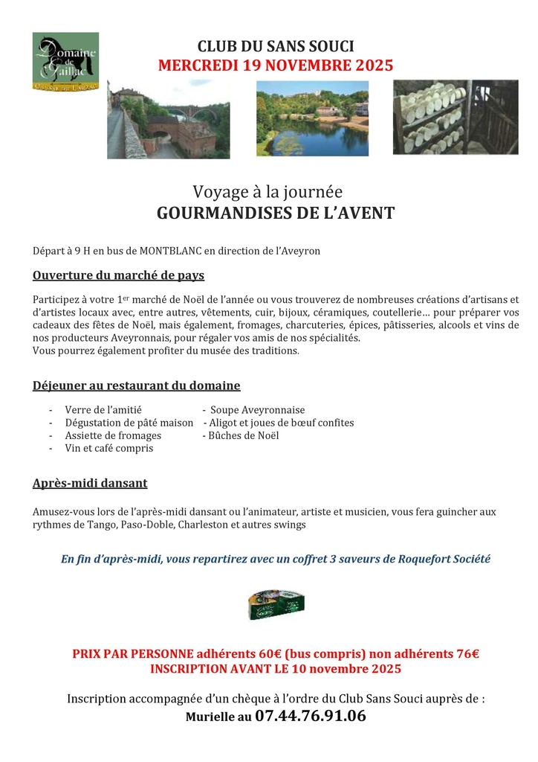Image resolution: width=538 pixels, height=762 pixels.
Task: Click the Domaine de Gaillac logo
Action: pos(65,62)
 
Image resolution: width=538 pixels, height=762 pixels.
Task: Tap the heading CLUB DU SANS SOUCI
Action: pos(275,47)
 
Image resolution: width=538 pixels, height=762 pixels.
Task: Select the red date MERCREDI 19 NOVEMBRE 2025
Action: pos(275,65)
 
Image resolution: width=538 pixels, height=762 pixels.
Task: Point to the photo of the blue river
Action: pos(312,119)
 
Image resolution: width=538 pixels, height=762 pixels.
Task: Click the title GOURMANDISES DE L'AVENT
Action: pos(276,214)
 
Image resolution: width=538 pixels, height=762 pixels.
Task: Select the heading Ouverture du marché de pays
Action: pos(118,275)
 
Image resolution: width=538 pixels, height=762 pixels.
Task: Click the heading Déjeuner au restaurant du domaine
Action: pos(136,385)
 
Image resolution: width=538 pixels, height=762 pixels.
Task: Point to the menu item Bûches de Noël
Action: pos(244,435)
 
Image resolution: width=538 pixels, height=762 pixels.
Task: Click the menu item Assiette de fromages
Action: pos(113,435)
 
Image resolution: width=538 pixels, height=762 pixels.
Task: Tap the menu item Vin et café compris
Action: pos(108,448)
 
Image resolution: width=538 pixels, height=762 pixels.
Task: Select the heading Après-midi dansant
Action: pos(90,483)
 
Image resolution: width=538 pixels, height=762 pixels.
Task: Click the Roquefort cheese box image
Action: pos(276,603)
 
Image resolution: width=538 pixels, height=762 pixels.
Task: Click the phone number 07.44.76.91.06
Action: pos(311,717)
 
